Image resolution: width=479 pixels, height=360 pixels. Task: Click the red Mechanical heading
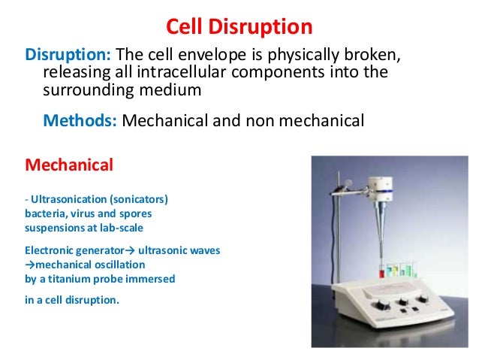tap(69, 163)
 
